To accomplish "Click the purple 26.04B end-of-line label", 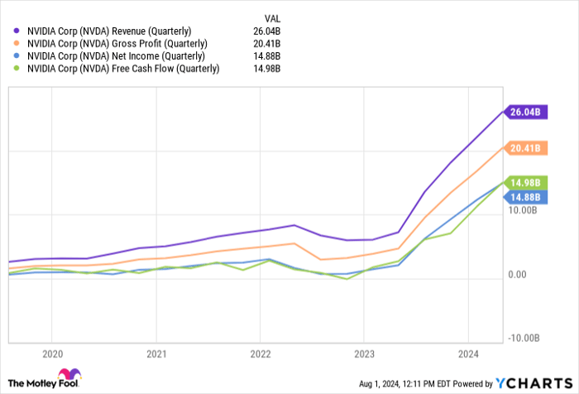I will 524,111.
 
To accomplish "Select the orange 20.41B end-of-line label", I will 524,149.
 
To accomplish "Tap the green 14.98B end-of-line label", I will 524,183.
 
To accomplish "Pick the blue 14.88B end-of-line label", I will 524,197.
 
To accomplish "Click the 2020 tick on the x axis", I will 51,351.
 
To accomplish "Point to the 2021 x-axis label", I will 156,351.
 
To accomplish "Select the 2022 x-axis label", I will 260,351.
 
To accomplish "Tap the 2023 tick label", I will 364,351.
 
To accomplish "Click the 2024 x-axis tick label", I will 468,351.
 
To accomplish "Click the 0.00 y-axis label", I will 519,274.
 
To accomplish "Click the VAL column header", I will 271,17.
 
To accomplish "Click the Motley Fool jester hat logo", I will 70,377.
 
